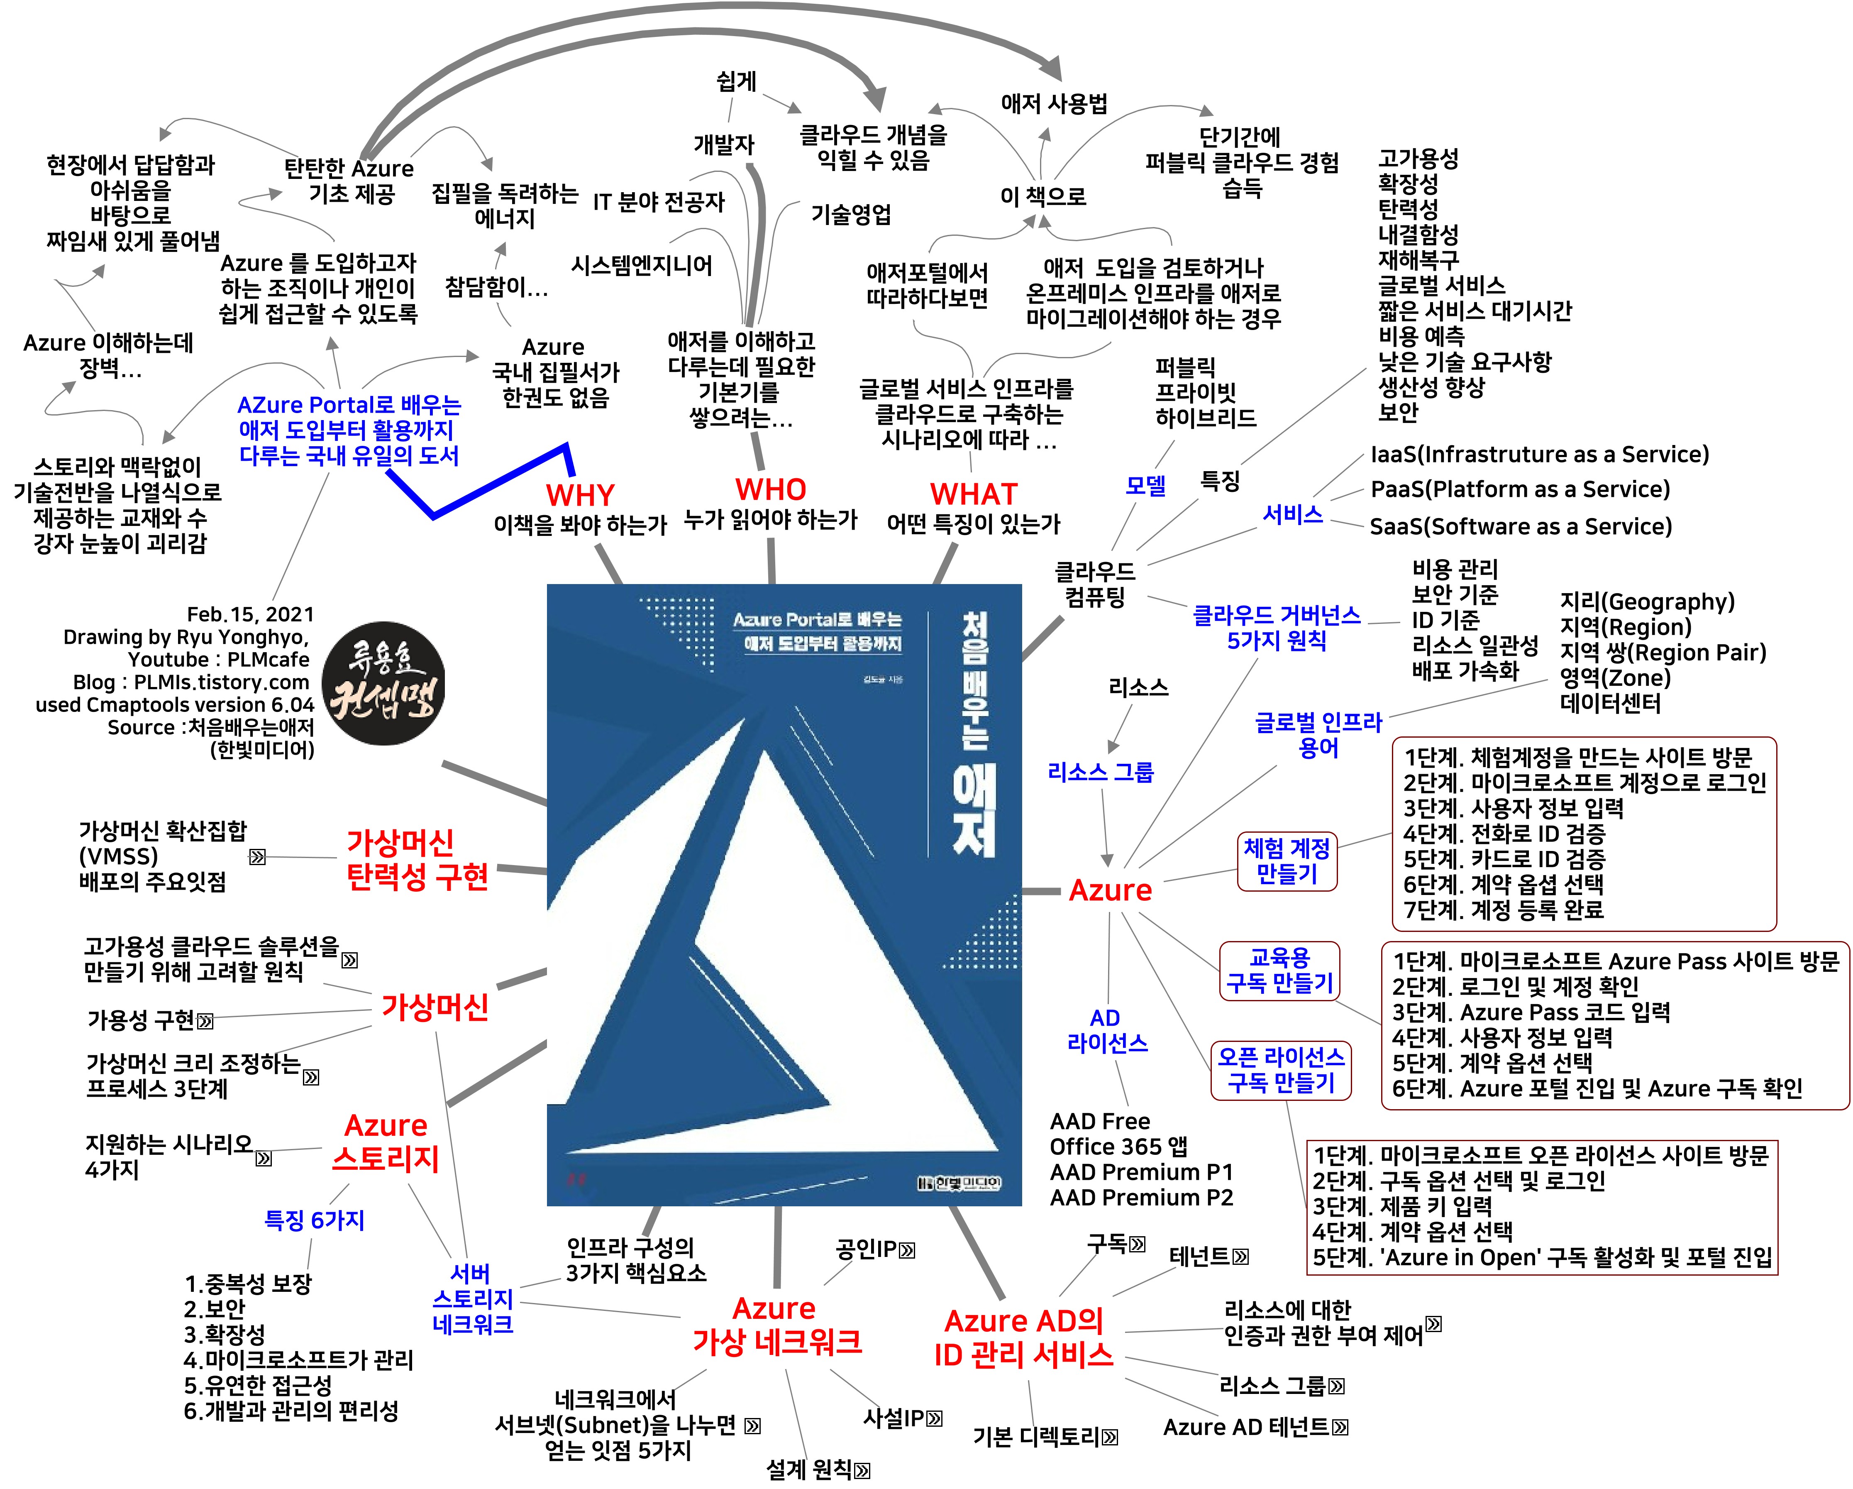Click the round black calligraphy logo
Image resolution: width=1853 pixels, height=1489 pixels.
(x=383, y=683)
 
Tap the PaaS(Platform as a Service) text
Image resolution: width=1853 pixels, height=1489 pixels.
(x=1519, y=489)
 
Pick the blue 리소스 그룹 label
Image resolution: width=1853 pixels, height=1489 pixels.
(x=1100, y=772)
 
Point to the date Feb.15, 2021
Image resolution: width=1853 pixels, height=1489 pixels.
(x=250, y=614)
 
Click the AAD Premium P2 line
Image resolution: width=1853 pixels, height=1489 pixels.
(x=1140, y=1198)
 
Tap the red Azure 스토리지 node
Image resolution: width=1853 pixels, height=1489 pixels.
(x=386, y=1142)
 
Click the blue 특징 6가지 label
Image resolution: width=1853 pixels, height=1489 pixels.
(x=315, y=1220)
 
